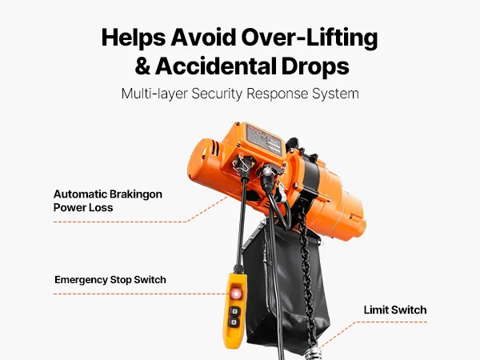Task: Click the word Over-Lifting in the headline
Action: click(x=310, y=38)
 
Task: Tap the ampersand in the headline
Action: click(x=142, y=66)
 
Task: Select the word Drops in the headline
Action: click(x=315, y=66)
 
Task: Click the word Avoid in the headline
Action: click(x=203, y=38)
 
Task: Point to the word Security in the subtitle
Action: click(x=217, y=94)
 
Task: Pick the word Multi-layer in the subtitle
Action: click(x=154, y=94)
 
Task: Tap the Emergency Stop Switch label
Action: click(x=110, y=280)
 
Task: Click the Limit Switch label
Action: click(x=395, y=310)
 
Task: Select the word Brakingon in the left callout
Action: click(x=136, y=194)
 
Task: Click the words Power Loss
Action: click(x=83, y=207)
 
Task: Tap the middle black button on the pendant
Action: click(x=234, y=312)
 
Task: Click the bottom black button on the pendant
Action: click(x=234, y=322)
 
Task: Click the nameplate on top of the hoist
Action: click(x=263, y=139)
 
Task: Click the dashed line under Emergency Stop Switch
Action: click(x=139, y=294)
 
